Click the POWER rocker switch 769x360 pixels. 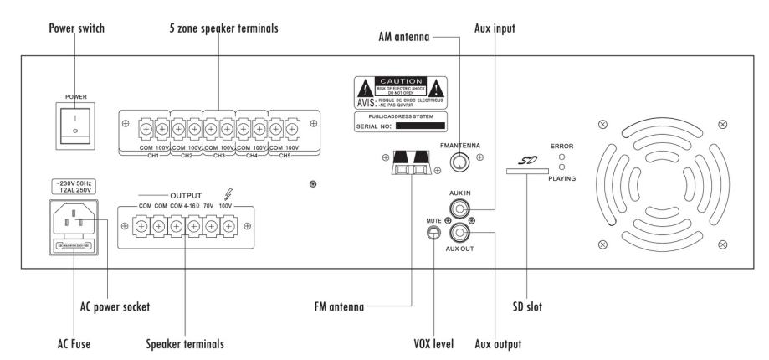(x=74, y=125)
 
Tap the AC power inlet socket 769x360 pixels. (x=74, y=224)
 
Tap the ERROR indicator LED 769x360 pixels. (x=562, y=156)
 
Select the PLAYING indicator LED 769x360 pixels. (x=562, y=166)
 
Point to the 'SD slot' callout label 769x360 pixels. (x=528, y=307)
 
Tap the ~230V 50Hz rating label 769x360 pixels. (x=74, y=184)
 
